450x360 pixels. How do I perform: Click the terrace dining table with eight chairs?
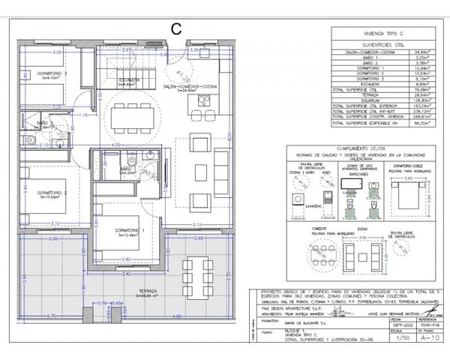point(195,267)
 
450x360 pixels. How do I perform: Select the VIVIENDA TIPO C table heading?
point(382,34)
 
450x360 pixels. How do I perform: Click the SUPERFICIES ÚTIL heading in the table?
point(382,44)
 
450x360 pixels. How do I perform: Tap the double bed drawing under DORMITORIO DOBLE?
point(407,199)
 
